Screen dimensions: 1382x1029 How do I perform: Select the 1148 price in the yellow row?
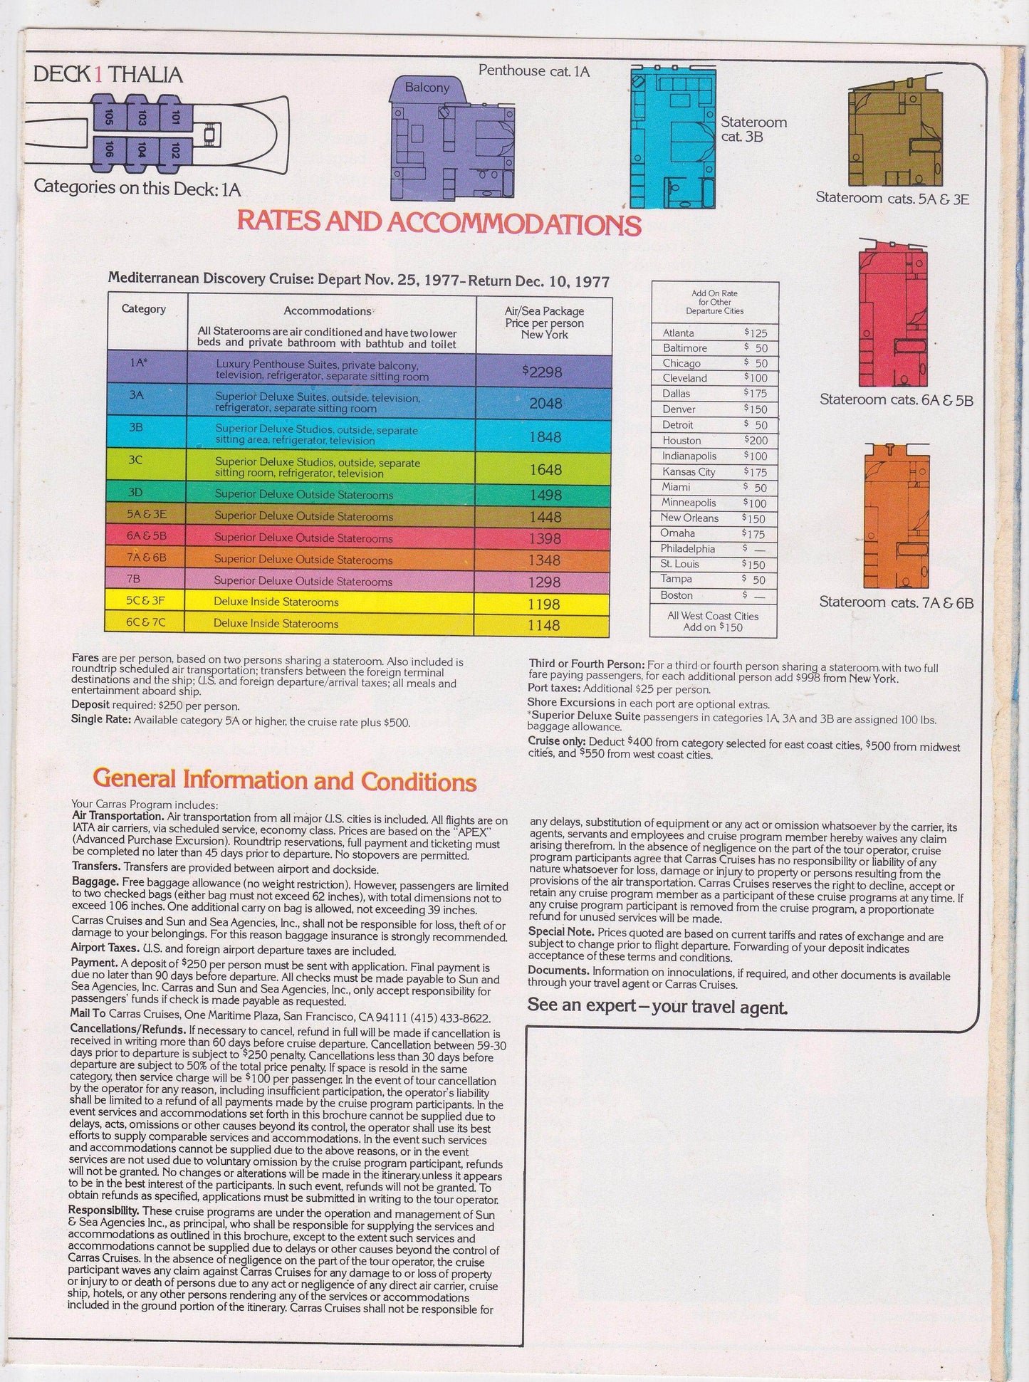click(x=545, y=625)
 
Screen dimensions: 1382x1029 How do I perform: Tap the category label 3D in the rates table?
click(x=136, y=493)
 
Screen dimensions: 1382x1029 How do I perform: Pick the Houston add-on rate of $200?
click(x=756, y=440)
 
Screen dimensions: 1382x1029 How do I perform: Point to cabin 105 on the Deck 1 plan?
click(x=108, y=117)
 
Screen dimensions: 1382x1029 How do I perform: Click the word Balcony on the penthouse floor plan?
click(x=427, y=88)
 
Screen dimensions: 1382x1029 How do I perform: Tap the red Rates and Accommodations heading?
click(x=439, y=222)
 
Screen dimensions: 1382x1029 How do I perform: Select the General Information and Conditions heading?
click(x=285, y=780)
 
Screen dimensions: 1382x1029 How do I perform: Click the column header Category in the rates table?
click(x=144, y=309)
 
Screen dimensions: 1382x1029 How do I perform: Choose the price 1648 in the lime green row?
click(x=545, y=469)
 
